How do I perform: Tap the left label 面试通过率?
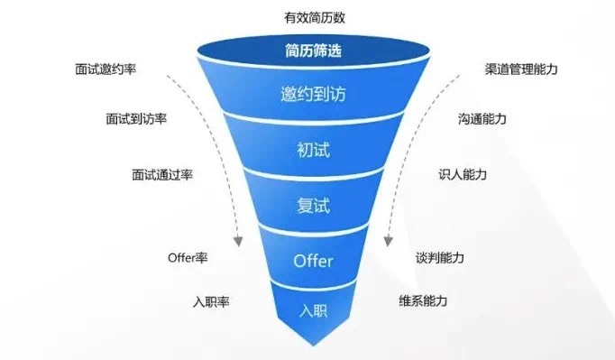click(x=163, y=175)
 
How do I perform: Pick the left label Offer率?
click(x=188, y=258)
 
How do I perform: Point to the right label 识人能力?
click(x=463, y=175)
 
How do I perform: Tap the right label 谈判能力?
click(x=440, y=258)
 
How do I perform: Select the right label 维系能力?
click(x=423, y=300)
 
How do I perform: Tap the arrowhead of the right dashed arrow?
click(x=389, y=242)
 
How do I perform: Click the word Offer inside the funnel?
click(x=314, y=262)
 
